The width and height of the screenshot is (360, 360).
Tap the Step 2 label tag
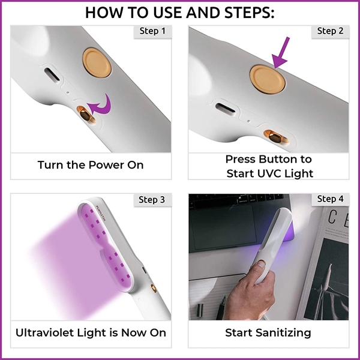coord(330,31)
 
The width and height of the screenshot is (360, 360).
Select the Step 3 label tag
coord(152,199)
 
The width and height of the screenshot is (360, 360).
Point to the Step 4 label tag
coord(330,199)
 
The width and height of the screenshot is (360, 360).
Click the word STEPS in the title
coord(245,12)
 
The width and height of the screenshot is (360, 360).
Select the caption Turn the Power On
coord(91,164)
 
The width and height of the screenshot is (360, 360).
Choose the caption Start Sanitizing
coord(269,332)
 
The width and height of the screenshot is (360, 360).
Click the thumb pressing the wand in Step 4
coord(259,265)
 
